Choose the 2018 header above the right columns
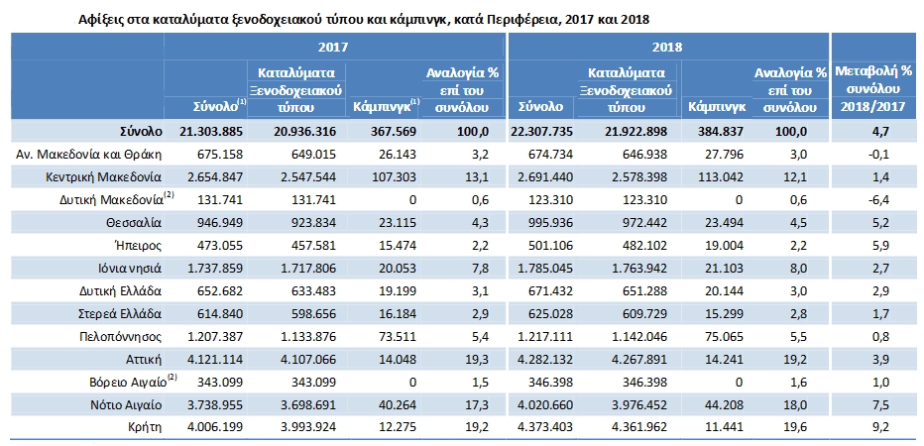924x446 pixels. (x=667, y=47)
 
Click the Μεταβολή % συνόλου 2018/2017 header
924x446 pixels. (x=873, y=88)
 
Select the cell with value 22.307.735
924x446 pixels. (x=542, y=131)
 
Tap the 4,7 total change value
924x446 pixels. (x=875, y=131)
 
